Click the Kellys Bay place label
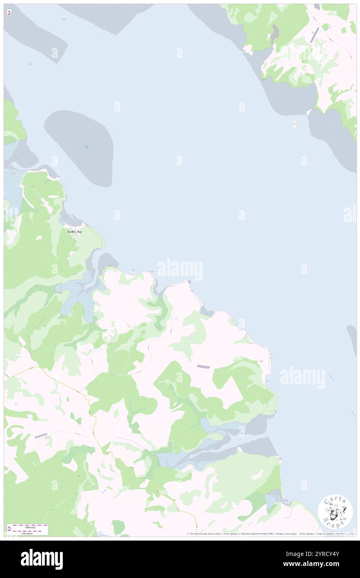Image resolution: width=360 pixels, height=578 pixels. coord(75,231)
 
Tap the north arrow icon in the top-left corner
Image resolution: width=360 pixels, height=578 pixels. coord(9,13)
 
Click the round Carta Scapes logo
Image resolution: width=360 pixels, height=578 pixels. coord(335,513)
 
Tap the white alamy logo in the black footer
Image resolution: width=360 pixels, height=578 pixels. coord(42,559)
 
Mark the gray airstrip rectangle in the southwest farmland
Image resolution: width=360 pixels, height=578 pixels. coord(41,435)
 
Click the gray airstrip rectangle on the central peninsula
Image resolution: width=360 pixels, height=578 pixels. coord(204,366)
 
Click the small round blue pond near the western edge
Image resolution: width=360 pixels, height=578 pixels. coord(16,403)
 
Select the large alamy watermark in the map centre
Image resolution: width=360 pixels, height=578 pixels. coord(180,269)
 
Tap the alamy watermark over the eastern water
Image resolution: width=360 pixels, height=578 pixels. coord(302,378)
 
